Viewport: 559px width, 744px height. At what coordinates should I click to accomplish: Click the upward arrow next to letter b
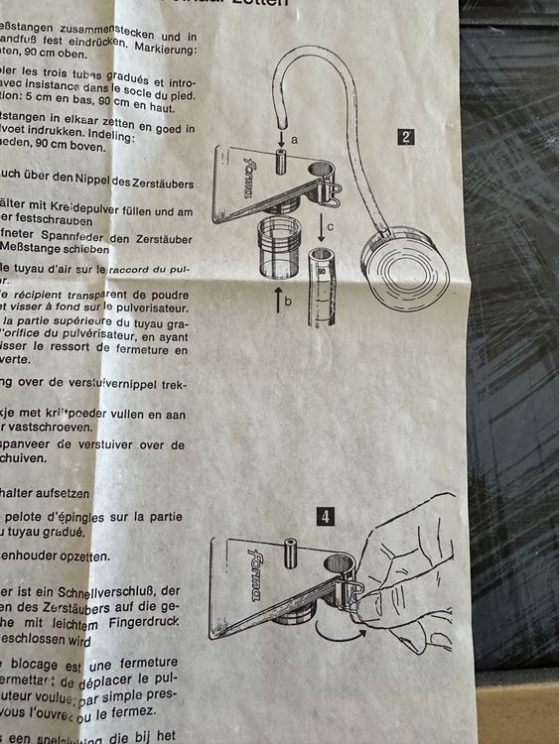278,298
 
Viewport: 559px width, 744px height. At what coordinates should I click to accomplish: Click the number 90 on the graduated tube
323,269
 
